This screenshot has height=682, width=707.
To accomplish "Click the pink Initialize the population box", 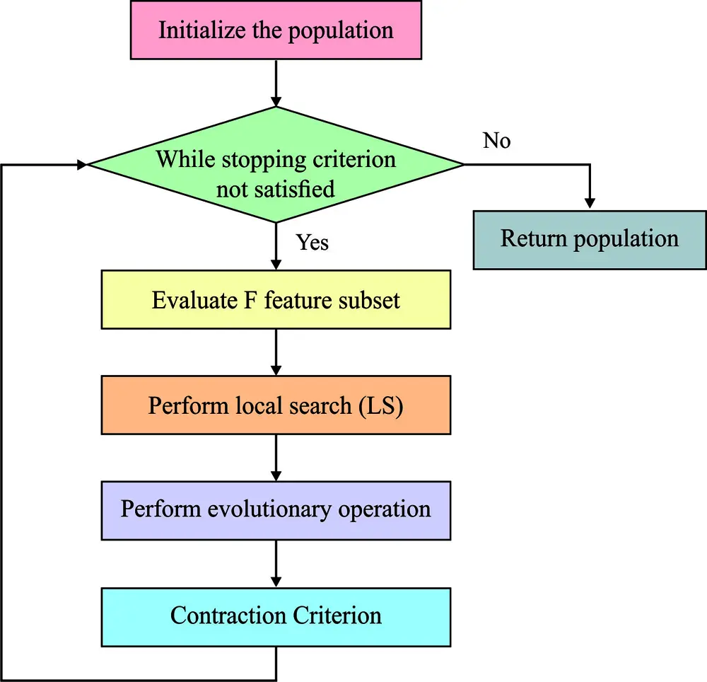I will click(x=276, y=31).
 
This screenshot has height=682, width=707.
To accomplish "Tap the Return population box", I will click(x=589, y=239).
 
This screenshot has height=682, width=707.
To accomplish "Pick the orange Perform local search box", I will click(x=276, y=405).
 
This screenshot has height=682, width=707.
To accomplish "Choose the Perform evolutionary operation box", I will click(x=276, y=510).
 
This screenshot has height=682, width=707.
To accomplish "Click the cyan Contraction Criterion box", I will click(x=276, y=615).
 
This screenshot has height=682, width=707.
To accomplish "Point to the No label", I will click(x=496, y=141).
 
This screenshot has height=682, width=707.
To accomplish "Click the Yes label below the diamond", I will click(x=312, y=243).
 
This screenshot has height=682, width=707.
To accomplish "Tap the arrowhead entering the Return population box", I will click(x=588, y=203).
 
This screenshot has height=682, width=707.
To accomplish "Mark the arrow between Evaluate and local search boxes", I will click(x=276, y=352).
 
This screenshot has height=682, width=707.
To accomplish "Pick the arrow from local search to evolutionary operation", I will click(x=276, y=458).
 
